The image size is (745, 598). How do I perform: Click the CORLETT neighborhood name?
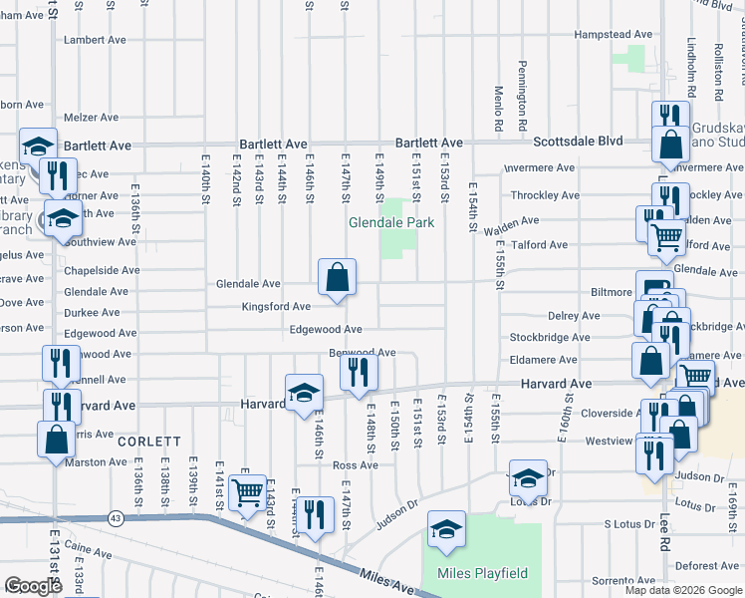149,441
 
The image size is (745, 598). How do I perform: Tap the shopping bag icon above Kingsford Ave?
338,278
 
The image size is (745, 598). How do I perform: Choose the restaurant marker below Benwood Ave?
358,374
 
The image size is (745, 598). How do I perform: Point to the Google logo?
33,586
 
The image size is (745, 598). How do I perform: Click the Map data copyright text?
683,590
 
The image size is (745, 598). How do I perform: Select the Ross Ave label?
356,465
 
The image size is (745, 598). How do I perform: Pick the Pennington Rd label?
521,84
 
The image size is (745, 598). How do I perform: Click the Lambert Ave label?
95,41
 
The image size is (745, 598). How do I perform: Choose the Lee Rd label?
662,522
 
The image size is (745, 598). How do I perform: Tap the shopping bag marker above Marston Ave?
56,440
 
